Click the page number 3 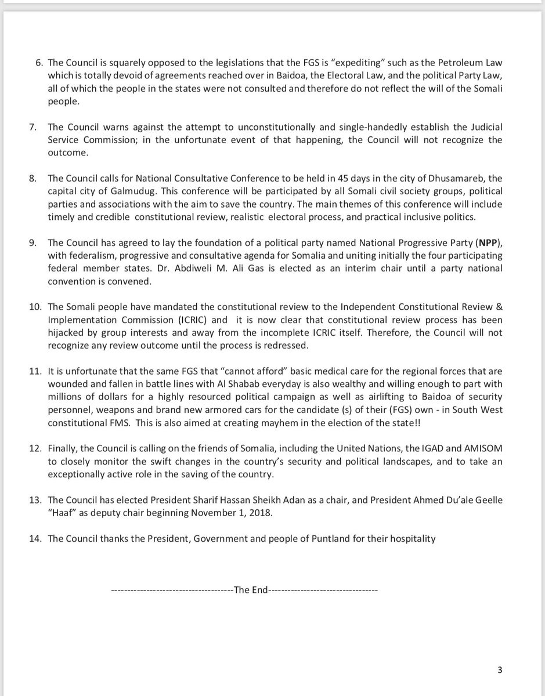click(500, 670)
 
